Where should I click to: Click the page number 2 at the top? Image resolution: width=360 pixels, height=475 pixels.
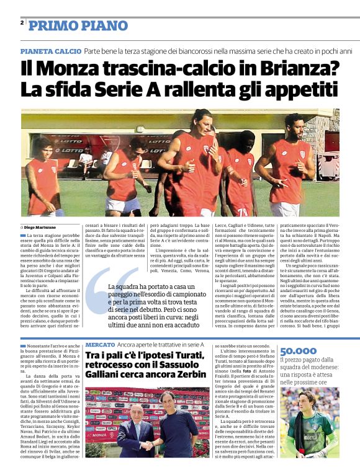tap(22, 23)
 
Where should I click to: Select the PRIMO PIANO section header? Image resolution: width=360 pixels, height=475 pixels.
tap(78, 25)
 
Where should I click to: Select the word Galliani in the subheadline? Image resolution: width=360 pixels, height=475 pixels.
tap(105, 375)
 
